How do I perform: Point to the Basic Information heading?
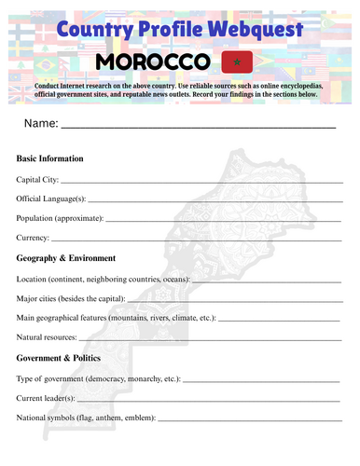point(50,158)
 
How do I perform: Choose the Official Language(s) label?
point(51,199)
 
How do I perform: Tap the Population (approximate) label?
point(60,218)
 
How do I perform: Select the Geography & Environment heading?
point(66,258)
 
